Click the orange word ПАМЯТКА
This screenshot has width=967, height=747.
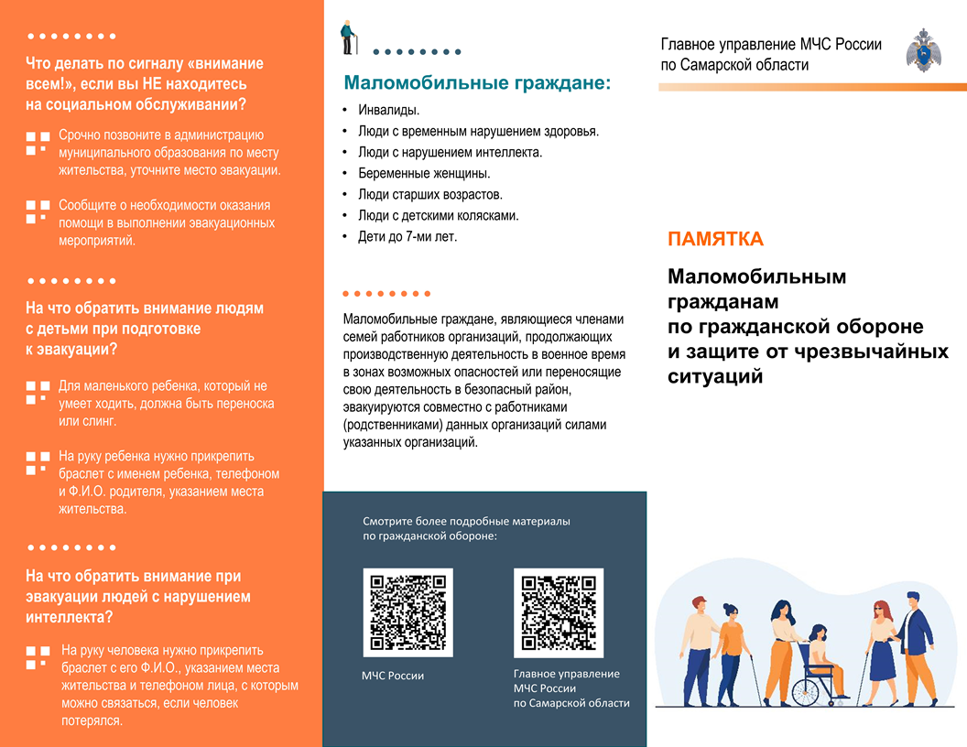coord(715,240)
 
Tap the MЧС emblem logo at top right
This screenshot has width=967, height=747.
coord(923,50)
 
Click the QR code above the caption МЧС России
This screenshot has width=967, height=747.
coord(408,612)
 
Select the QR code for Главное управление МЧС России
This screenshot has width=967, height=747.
coord(559,612)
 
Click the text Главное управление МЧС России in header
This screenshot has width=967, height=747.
coord(771,45)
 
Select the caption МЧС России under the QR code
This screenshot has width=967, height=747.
coord(393,676)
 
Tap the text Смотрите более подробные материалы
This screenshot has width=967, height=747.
coord(466,521)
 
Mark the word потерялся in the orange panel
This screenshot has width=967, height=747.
coord(91,720)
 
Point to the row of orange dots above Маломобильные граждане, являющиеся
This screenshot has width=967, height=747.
coord(386,294)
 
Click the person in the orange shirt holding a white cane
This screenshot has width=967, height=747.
coord(732,641)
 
